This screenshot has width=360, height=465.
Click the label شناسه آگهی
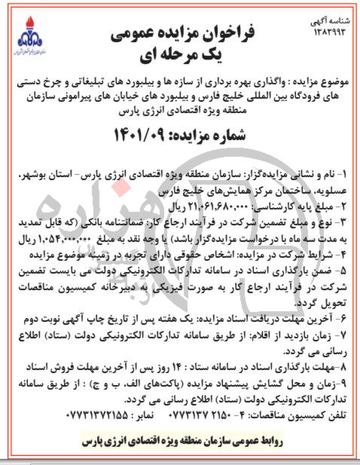point(332,23)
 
